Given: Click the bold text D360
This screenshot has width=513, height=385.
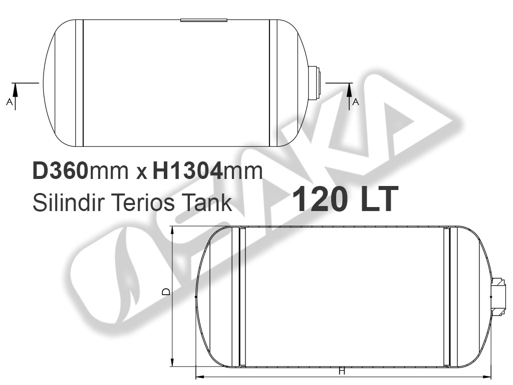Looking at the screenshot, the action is point(60,170).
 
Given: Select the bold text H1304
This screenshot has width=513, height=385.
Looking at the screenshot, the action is point(187,170).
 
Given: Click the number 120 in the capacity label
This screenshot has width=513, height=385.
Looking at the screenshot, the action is point(320,199).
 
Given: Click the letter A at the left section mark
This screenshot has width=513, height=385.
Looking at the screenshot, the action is point(10,102).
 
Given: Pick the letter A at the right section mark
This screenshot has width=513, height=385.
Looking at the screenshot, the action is point(356,102).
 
